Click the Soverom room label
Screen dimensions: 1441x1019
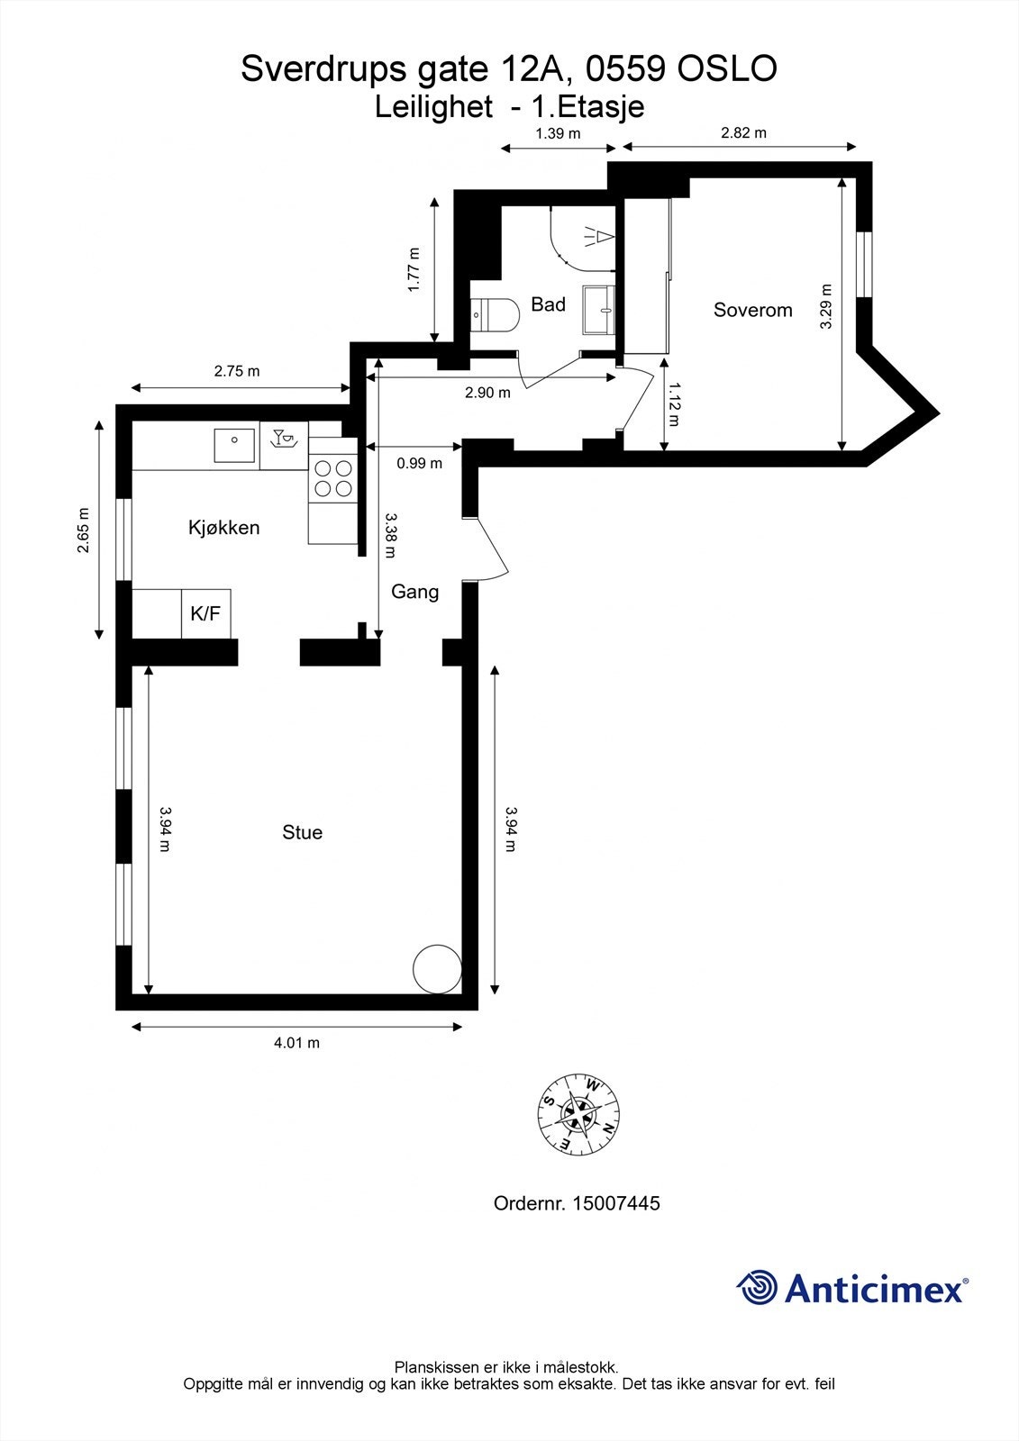pos(752,310)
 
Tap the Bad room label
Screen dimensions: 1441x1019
pos(548,304)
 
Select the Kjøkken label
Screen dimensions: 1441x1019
pos(223,528)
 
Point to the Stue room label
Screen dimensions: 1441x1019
pos(302,832)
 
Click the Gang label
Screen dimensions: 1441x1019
pos(414,592)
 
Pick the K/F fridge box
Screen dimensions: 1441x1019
pos(205,614)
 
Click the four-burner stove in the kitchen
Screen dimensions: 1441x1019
pos(332,478)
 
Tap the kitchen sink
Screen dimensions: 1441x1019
pos(234,445)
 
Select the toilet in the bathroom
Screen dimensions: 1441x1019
pos(496,315)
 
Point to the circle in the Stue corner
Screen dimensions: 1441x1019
pos(436,969)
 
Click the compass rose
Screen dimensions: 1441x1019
pos(578,1114)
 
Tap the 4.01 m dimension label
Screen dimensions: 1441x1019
pos(296,1043)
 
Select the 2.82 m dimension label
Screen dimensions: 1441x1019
pos(743,133)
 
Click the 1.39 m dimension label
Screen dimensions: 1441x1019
pos(558,133)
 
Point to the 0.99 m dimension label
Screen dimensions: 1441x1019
pos(419,464)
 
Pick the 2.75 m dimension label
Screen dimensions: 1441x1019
pos(236,371)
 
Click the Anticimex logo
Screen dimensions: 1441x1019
pos(852,1288)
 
